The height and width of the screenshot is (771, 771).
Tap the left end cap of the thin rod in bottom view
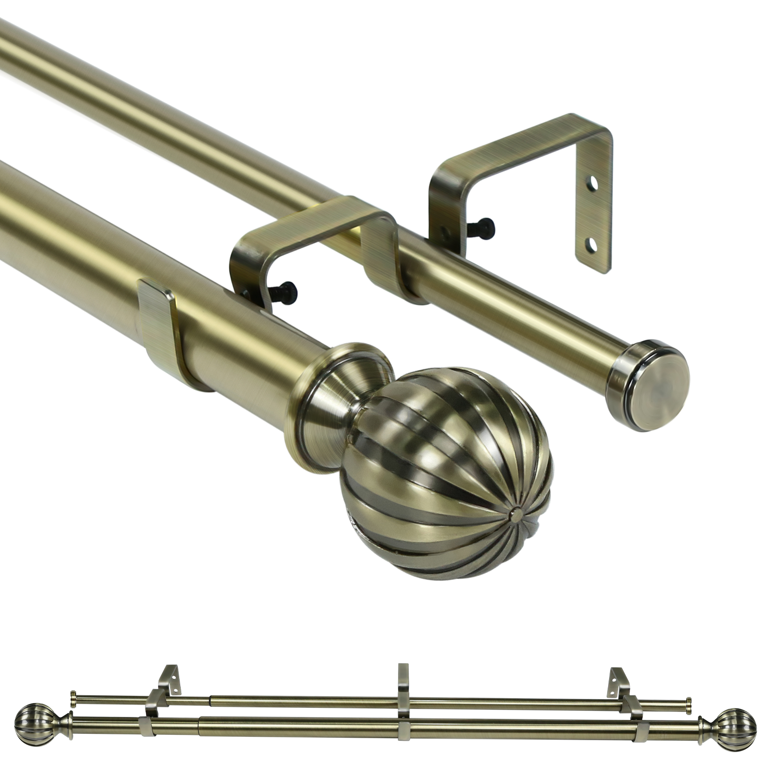pyautogui.click(x=73, y=697)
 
